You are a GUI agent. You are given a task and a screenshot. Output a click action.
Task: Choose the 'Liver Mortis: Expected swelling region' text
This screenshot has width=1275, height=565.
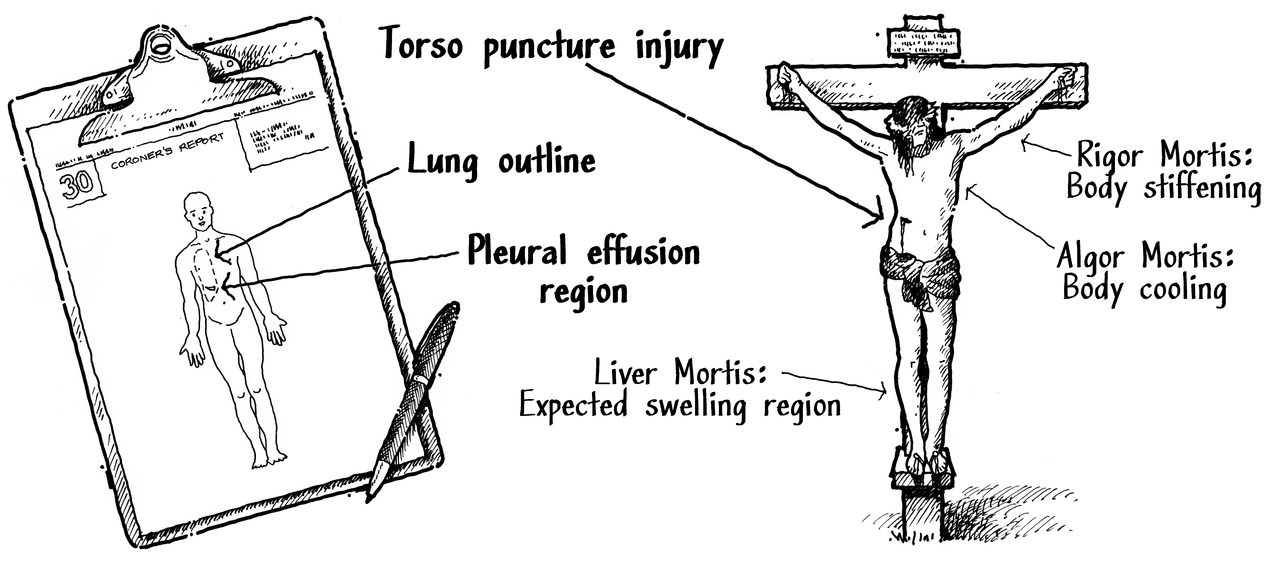[680, 391]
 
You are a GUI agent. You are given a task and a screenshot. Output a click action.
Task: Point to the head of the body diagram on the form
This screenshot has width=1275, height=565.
[198, 210]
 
